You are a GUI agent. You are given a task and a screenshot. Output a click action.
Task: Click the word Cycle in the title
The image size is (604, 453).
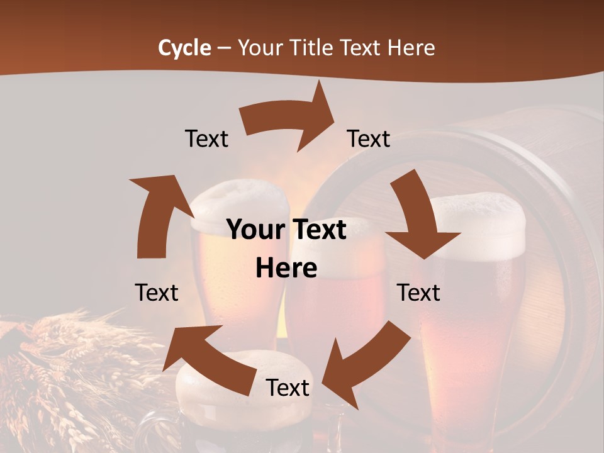pos(184,48)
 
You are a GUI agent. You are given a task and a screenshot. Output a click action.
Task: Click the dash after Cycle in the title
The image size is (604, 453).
pos(223,48)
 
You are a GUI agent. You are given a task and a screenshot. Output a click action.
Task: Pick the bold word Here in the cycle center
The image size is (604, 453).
pos(286,269)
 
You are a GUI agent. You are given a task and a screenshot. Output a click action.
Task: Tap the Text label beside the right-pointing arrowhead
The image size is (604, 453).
pos(369,138)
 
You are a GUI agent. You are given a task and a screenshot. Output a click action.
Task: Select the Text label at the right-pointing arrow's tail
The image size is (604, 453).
pos(206,138)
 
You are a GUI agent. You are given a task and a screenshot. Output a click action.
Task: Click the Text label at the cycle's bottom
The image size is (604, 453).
pos(288,388)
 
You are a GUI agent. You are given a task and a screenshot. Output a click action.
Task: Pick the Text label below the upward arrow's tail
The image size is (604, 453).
pos(157,293)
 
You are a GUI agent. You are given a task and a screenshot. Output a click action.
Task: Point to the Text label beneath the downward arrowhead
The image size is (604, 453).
pos(419,293)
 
